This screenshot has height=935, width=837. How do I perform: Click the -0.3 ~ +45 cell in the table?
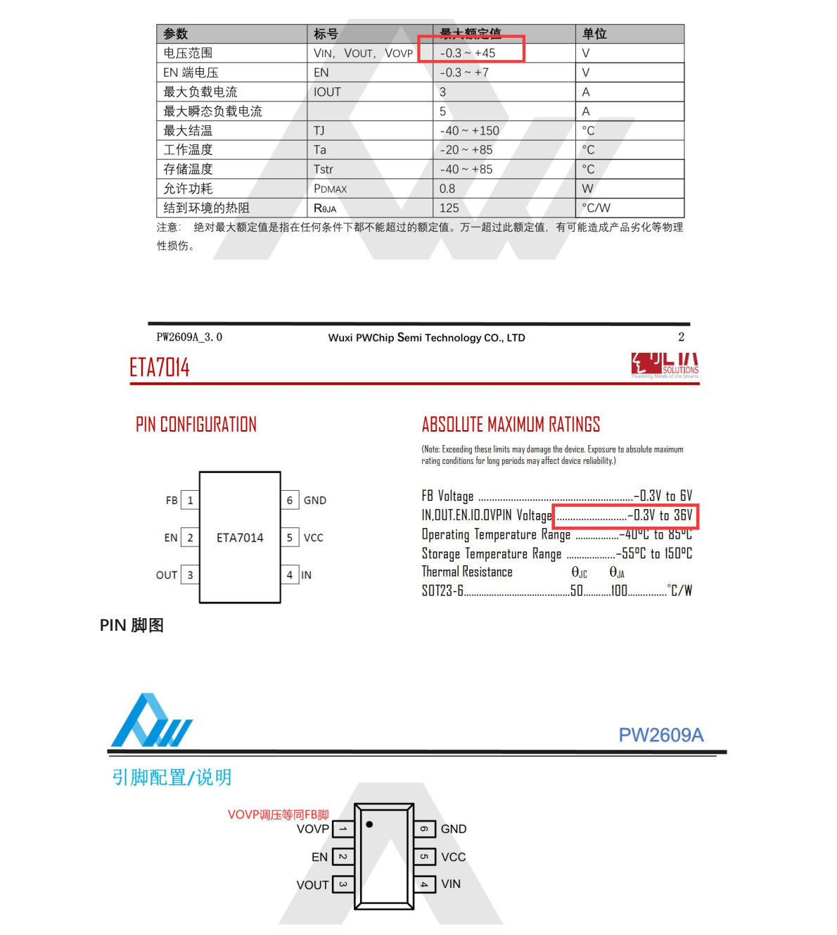pyautogui.click(x=468, y=54)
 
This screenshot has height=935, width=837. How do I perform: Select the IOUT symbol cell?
pyautogui.click(x=327, y=92)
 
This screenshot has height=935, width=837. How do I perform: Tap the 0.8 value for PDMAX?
pyautogui.click(x=447, y=189)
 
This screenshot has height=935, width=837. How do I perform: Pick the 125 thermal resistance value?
pyautogui.click(x=449, y=208)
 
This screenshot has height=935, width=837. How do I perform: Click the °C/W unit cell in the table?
pyautogui.click(x=596, y=208)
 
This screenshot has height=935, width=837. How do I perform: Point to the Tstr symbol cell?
pyautogui.click(x=324, y=170)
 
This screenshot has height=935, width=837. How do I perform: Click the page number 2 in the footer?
pyautogui.click(x=681, y=337)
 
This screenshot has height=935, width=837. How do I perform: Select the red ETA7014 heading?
pyautogui.click(x=160, y=368)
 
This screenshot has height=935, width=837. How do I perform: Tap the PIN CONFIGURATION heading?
pyautogui.click(x=196, y=425)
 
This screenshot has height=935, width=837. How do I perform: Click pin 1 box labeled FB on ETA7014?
pyautogui.click(x=190, y=501)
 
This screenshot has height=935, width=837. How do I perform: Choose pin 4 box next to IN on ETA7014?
pyautogui.click(x=289, y=575)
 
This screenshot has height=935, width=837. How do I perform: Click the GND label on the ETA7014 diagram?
pyautogui.click(x=315, y=501)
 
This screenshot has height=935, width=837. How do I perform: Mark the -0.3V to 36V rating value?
pyautogui.click(x=660, y=515)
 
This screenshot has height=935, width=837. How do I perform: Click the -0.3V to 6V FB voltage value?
pyautogui.click(x=663, y=496)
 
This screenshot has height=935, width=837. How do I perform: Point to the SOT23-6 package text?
pyautogui.click(x=442, y=591)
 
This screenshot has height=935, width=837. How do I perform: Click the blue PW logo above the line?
pyautogui.click(x=151, y=722)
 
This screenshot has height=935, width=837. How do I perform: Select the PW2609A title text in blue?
pyautogui.click(x=660, y=735)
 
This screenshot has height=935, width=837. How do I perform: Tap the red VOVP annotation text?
pyautogui.click(x=278, y=815)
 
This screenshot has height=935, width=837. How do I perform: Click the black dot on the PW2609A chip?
pyautogui.click(x=369, y=824)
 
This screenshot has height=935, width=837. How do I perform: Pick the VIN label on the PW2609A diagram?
pyautogui.click(x=451, y=884)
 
